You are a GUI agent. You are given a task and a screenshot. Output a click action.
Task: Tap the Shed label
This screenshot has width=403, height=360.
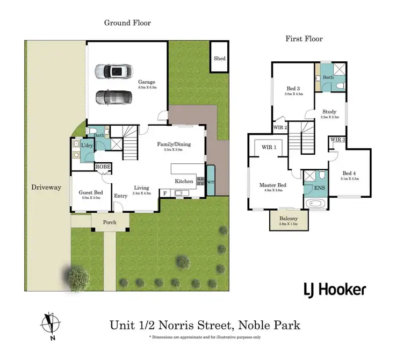pyautogui.click(x=219, y=59)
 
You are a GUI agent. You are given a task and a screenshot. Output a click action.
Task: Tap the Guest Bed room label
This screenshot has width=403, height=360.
pyautogui.click(x=90, y=192)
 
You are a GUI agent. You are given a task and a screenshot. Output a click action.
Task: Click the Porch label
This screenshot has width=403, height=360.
pyautogui.click(x=110, y=221)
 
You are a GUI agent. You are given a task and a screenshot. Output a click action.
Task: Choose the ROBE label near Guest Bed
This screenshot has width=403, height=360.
pyautogui.click(x=103, y=167)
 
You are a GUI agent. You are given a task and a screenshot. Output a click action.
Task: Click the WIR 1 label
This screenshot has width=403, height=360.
pyautogui.click(x=269, y=147)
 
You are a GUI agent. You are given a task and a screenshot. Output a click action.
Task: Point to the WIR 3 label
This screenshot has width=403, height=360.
pyautogui.click(x=337, y=140)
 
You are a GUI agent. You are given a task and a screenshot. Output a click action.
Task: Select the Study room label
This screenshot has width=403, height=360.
pyautogui.click(x=329, y=112)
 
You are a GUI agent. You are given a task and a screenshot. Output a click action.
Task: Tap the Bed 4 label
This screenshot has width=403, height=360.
pyautogui.click(x=349, y=173)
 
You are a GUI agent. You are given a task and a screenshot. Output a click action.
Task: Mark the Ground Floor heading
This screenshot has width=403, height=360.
pyautogui.click(x=127, y=23)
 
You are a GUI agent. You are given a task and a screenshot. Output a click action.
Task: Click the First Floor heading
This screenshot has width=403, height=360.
pyautogui.click(x=304, y=39)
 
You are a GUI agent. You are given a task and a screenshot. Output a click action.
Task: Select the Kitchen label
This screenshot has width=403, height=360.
pyautogui.click(x=184, y=182)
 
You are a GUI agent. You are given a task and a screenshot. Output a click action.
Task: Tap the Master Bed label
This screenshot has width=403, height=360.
pyautogui.click(x=272, y=185)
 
